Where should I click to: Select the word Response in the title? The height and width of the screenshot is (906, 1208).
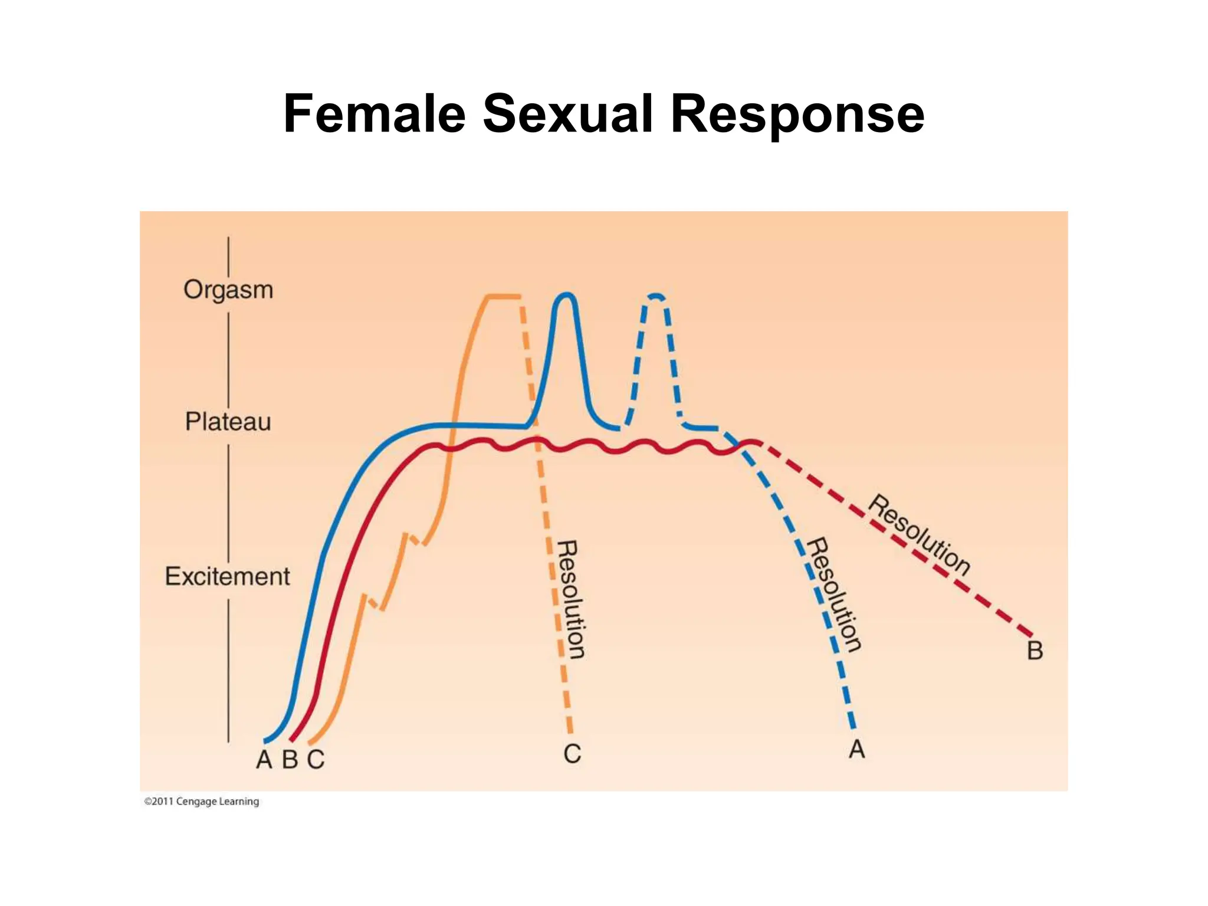(797, 114)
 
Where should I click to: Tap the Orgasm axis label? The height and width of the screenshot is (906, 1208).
(228, 290)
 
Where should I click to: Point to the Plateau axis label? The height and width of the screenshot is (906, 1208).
(228, 422)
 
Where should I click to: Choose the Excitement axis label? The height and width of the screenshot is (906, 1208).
(228, 576)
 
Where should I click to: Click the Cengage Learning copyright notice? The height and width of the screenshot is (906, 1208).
(202, 802)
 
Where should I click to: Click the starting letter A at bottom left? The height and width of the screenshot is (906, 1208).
(264, 760)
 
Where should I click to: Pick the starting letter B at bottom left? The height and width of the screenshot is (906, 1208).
(290, 760)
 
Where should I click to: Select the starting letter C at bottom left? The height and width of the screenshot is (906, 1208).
(316, 760)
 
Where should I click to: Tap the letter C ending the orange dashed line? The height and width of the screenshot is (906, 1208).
(572, 754)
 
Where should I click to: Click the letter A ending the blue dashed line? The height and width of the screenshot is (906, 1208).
(857, 750)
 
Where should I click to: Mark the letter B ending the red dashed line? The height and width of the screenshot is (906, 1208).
(1035, 651)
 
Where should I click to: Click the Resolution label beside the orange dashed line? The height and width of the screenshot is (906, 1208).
(570, 599)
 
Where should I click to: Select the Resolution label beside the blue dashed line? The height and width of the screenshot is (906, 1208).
(834, 594)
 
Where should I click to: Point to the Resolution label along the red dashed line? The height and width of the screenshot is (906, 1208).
(919, 534)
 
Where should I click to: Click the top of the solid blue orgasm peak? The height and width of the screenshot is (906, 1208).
(567, 294)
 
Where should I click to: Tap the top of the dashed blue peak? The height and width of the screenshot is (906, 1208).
(656, 295)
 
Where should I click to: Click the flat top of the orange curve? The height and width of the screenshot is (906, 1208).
(503, 296)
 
